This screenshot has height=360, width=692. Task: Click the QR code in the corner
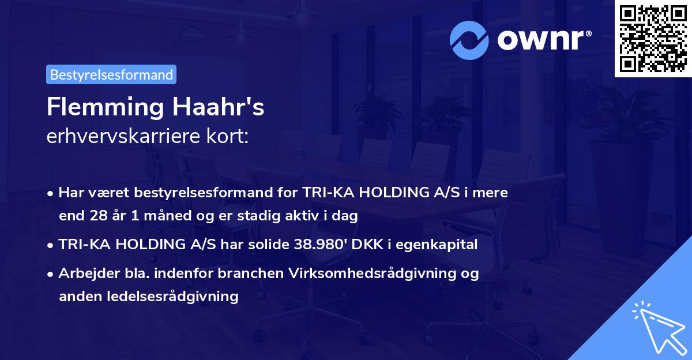pyautogui.click(x=653, y=39)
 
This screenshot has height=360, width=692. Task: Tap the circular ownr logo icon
pyautogui.click(x=469, y=39)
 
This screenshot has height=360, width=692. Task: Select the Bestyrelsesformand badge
pyautogui.click(x=111, y=74)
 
